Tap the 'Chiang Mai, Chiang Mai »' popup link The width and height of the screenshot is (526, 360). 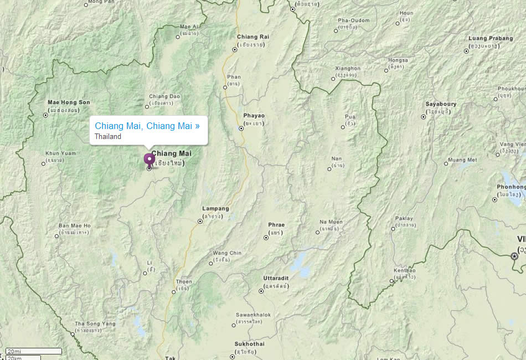(x=147, y=126)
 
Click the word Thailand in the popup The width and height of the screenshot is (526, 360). (x=108, y=136)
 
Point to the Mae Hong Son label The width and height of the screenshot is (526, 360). (x=69, y=102)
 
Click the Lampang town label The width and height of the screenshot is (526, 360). (x=216, y=209)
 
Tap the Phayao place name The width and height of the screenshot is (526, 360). (x=254, y=116)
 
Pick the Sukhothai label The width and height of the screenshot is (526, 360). (x=250, y=344)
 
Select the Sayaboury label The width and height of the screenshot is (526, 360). (x=441, y=104)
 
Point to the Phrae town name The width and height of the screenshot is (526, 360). (x=276, y=225)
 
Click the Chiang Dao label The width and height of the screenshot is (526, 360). (x=164, y=96)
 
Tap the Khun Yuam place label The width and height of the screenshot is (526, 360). (x=60, y=153)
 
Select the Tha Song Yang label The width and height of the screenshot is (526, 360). (x=95, y=324)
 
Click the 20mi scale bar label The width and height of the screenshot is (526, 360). (x=14, y=351)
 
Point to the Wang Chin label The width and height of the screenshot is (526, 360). (x=227, y=253)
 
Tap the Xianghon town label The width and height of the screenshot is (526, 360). (x=348, y=69)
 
